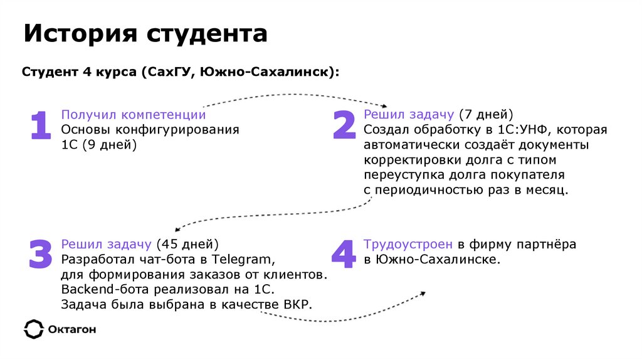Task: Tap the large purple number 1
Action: [40, 125]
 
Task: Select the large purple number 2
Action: [344, 124]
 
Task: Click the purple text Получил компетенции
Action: [133, 115]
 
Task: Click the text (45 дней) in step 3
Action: [187, 244]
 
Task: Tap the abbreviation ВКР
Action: [297, 304]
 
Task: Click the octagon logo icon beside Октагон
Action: [33, 329]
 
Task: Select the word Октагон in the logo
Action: [72, 329]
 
